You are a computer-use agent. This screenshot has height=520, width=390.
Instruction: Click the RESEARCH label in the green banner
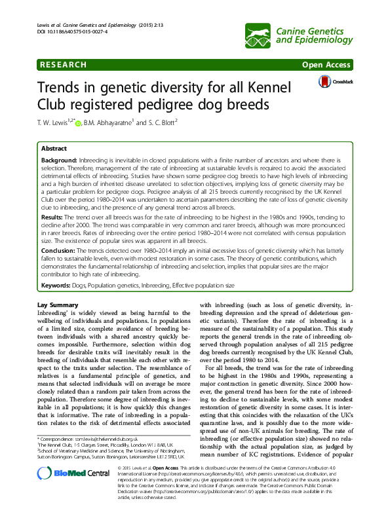click(63, 65)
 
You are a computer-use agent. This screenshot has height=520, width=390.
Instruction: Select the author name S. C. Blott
click(157, 122)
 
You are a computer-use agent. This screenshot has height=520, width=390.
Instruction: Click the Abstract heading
click(54, 149)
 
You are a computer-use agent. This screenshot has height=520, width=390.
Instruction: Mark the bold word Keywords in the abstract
click(56, 286)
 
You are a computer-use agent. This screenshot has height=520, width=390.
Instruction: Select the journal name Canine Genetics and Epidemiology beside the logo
click(314, 32)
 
